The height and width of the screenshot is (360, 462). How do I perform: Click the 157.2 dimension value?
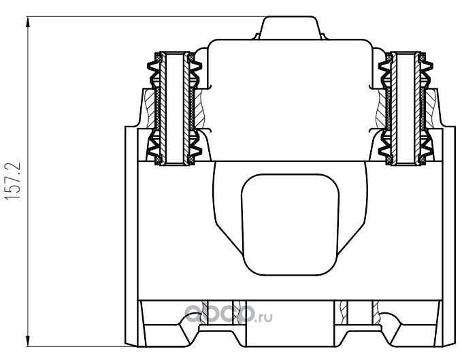pos(13,180)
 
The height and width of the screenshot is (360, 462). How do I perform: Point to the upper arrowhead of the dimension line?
pos(28,22)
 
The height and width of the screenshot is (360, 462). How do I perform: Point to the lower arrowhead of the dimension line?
pos(28,341)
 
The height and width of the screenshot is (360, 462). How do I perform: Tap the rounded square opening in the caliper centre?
pos(290,225)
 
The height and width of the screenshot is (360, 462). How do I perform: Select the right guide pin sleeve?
pos(406,108)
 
